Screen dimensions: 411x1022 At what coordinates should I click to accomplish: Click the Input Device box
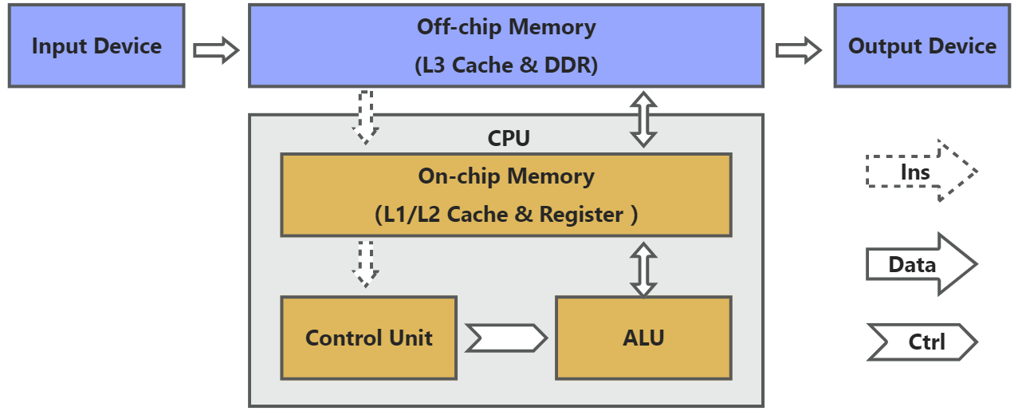pos(96,46)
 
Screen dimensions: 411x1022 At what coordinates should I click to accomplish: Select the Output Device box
pos(922,46)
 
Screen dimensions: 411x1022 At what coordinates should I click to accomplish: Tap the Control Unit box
pos(368,338)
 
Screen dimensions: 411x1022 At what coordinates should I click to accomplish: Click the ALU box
pos(643,338)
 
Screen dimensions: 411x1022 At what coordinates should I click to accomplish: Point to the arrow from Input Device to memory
pos(216,50)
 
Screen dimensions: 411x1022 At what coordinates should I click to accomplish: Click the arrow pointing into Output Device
pos(799,50)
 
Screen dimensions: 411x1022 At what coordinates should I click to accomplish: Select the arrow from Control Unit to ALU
pos(506,338)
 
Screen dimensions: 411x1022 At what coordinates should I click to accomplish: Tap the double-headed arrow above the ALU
pos(643,270)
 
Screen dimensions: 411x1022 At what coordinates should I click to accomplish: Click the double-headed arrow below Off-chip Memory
pos(643,119)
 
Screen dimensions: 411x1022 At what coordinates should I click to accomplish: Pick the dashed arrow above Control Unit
pos(365,263)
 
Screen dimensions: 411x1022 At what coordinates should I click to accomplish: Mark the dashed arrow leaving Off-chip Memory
pos(365,117)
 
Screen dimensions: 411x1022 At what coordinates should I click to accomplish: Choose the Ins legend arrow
pos(921,172)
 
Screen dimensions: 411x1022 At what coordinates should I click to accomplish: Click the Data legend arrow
pos(921,264)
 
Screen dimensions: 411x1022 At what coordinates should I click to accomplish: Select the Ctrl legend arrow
pos(921,342)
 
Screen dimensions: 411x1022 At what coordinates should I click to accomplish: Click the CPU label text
pos(509,138)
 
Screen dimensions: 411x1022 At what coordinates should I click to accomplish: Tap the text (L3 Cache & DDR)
pos(506,65)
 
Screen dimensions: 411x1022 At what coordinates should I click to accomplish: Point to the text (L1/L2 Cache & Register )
pos(506,215)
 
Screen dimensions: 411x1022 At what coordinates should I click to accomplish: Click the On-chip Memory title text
pos(506,176)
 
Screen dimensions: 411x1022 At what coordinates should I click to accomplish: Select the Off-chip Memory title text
pos(506,27)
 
